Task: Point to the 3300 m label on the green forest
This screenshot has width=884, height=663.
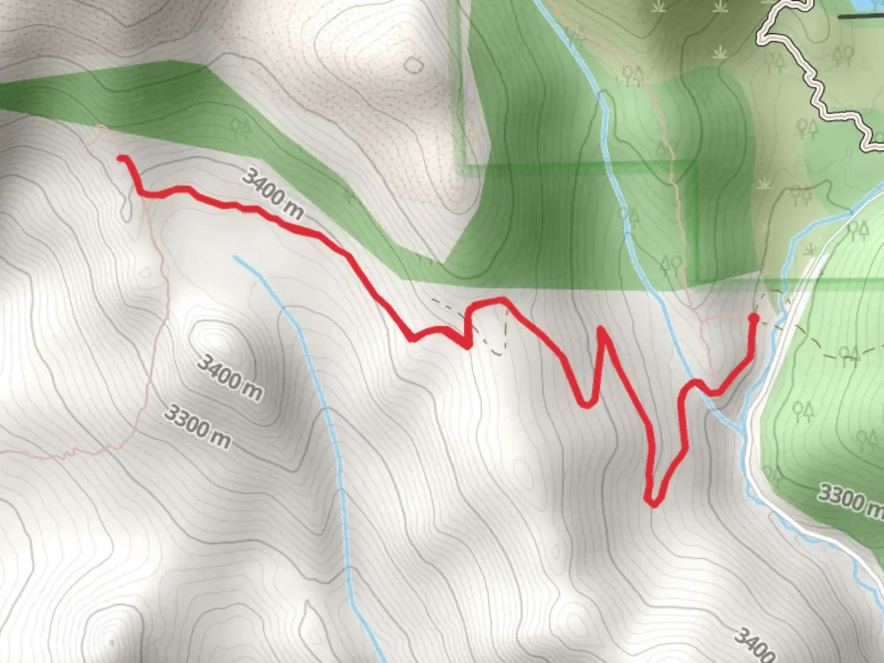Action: (850, 500)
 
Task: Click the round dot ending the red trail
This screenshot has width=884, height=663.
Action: (753, 317)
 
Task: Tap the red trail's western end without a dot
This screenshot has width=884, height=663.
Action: (120, 158)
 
